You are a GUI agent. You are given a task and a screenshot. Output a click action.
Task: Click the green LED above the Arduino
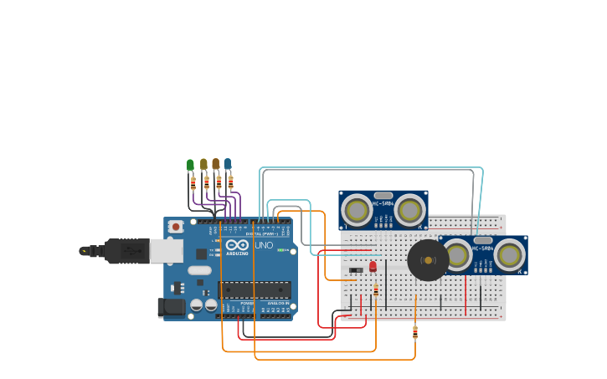point(190,165)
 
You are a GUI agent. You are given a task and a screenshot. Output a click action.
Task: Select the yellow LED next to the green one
point(203,164)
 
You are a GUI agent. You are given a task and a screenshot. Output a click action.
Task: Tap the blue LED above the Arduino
point(227,163)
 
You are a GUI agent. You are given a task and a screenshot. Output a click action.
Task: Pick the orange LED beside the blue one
point(215,164)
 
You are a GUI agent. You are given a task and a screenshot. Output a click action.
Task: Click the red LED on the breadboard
point(373,267)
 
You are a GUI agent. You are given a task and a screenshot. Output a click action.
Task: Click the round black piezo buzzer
point(428,260)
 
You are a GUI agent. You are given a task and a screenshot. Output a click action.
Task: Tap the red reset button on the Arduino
point(176,227)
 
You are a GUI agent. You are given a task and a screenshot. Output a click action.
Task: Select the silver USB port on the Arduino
point(166,250)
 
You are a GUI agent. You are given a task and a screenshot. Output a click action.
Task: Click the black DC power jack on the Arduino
point(171,307)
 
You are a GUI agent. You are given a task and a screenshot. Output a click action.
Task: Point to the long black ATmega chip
point(255,289)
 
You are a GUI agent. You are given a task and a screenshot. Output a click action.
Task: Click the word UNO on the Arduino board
point(264,245)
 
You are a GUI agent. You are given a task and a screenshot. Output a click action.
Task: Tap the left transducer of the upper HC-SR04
point(357,211)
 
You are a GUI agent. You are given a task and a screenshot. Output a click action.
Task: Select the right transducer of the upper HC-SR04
point(410,211)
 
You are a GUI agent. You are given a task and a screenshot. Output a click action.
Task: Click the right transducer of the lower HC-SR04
point(509,254)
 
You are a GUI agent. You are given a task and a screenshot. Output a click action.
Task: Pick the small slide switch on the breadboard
point(356,269)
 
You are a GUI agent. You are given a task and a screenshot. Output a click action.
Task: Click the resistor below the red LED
point(375,289)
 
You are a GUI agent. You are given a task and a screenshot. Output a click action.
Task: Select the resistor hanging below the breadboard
point(415,332)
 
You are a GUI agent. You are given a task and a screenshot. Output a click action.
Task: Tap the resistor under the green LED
point(193,182)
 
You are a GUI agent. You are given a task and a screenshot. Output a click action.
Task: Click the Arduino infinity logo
point(237,245)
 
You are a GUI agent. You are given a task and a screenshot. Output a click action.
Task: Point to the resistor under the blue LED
point(231,181)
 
